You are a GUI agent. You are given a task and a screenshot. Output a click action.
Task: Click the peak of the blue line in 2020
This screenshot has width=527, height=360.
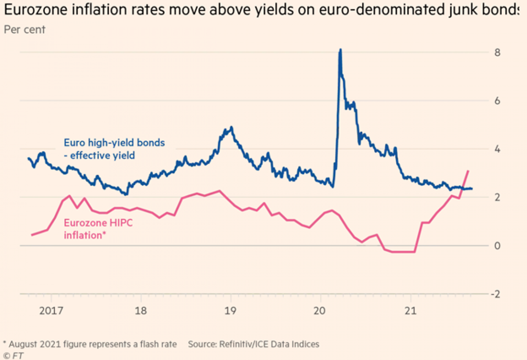pyautogui.click(x=340, y=50)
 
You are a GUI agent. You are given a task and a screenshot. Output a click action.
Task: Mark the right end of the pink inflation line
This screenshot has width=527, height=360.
pyautogui.click(x=469, y=171)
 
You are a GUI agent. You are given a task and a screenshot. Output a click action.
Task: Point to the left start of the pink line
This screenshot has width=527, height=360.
pyautogui.click(x=32, y=235)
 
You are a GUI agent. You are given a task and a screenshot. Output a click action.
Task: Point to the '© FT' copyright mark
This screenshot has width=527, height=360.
pyautogui.click(x=13, y=356)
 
